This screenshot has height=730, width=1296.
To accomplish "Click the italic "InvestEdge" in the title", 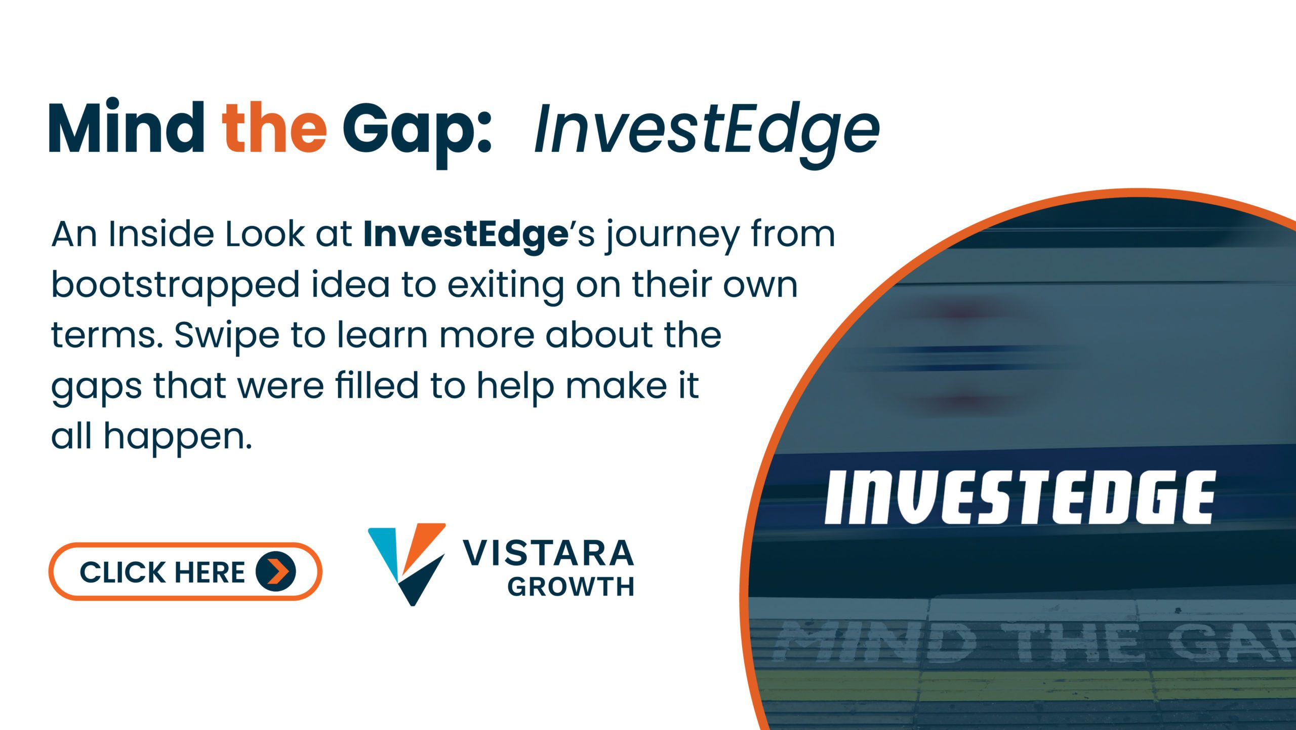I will click(707, 131).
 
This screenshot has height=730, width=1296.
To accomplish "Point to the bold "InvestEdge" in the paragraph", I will click(465, 235).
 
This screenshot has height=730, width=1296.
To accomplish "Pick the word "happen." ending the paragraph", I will click(177, 438).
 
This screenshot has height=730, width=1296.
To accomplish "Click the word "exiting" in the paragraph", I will click(505, 286).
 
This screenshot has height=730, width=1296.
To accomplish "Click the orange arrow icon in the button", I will click(276, 571).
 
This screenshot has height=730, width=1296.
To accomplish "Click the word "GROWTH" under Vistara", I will click(571, 587).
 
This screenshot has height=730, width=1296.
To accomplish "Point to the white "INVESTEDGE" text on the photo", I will click(1019, 497).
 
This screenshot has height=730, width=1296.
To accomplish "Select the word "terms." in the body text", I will click(107, 336).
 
